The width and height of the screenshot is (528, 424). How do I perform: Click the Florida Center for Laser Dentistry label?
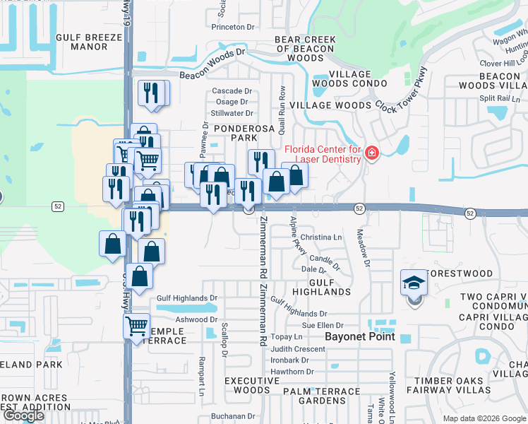pos(323,154)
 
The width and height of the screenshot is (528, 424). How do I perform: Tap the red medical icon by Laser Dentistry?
pos(372,153)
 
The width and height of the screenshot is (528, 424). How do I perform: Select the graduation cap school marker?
pos(413,283)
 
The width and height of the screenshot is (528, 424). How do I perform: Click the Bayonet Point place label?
pos(359,337)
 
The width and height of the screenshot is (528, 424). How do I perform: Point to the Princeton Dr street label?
pos(233,27)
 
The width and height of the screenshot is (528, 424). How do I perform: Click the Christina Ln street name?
pos(320,237)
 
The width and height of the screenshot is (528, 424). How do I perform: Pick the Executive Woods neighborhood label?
pos(247,385)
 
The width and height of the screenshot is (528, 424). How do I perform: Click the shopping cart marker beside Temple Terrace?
pos(136,326)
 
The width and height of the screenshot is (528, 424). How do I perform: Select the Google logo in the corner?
pos(23,416)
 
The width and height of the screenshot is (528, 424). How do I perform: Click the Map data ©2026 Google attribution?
pos(484,418)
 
